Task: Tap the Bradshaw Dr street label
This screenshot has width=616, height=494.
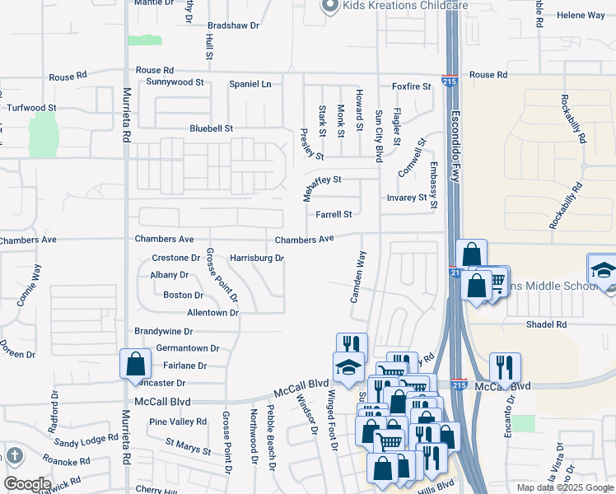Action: click(233, 26)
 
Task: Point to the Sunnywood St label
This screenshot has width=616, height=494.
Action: click(175, 82)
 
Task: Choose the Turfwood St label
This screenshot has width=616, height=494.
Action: click(31, 108)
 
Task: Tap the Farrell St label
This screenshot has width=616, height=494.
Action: click(334, 215)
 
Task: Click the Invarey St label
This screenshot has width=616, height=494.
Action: click(407, 198)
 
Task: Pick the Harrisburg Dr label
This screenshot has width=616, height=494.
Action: click(256, 258)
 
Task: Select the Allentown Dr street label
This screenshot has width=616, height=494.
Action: click(212, 313)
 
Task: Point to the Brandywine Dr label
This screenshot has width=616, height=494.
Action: click(165, 331)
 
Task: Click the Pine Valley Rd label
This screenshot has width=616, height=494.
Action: click(178, 422)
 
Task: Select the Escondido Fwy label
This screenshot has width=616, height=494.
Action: click(459, 137)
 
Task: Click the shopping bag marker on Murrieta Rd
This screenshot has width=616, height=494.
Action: click(134, 364)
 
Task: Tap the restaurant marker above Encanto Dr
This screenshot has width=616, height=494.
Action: click(505, 367)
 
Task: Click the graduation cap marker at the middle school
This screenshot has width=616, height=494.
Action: click(603, 269)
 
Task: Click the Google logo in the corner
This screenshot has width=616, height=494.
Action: click(26, 483)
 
